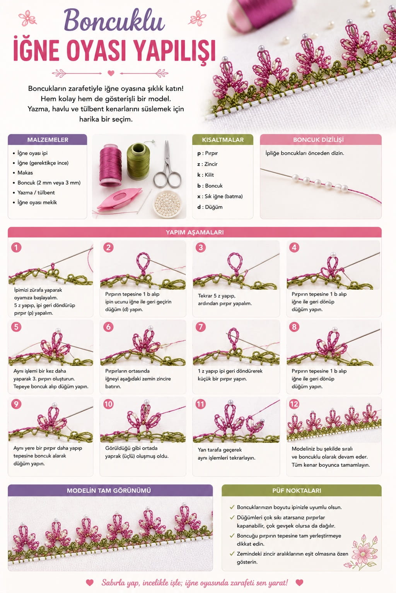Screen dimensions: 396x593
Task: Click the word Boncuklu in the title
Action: click(114, 20)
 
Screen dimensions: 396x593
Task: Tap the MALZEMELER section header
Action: click(48, 140)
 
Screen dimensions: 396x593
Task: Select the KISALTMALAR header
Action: click(223, 140)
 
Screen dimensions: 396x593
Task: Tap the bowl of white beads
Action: click(167, 204)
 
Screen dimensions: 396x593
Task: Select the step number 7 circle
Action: click(201, 327)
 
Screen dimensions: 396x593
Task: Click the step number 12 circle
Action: click(294, 404)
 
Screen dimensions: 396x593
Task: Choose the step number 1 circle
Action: click(16, 247)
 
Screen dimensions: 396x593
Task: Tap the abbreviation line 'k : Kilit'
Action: click(206, 175)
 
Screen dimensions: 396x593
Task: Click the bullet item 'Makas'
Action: click(25, 173)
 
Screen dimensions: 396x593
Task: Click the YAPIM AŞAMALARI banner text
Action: click(195, 232)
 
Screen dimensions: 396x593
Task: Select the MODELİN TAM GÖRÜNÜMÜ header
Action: click(109, 491)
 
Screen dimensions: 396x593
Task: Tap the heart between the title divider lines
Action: click(111, 73)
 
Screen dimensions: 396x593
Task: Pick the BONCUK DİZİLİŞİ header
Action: click(318, 140)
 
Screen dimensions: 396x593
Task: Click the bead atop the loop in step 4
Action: click(333, 255)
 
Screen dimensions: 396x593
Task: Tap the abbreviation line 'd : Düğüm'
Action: click(210, 207)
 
